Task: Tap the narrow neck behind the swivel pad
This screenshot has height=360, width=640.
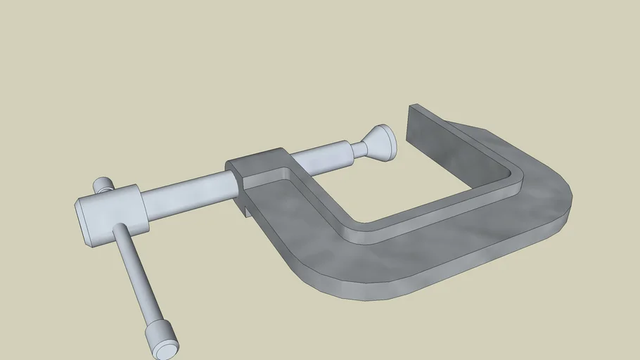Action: [359, 149]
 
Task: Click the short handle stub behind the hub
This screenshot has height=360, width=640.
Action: [104, 185]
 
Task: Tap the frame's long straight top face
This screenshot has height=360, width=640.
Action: [436, 243]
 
